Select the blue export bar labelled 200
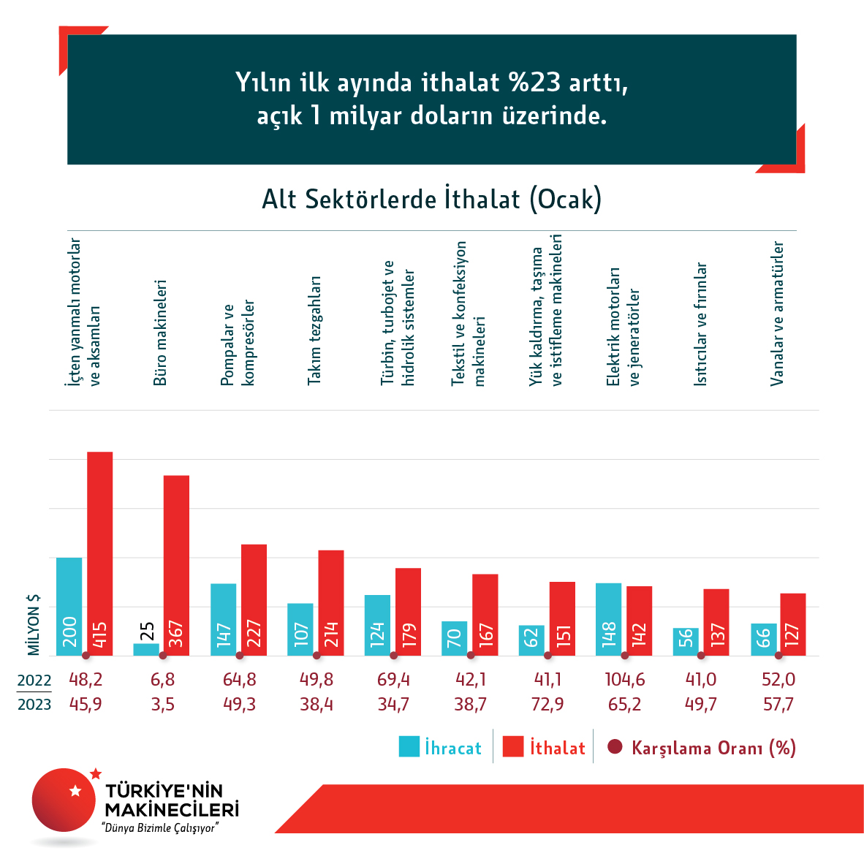(69, 606)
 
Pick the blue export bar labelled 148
(609, 619)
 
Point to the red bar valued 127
(792, 624)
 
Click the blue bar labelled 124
(377, 625)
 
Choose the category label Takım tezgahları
(314, 330)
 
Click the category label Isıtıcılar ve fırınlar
(700, 324)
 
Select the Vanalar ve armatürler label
(778, 313)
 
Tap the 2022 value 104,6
(625, 680)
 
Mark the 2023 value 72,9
(547, 705)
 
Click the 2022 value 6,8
(162, 680)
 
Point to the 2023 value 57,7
(778, 705)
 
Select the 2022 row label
(34, 681)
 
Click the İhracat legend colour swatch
(409, 746)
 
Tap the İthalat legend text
(558, 748)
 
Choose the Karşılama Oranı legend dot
(615, 746)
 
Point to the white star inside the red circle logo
(75, 790)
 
